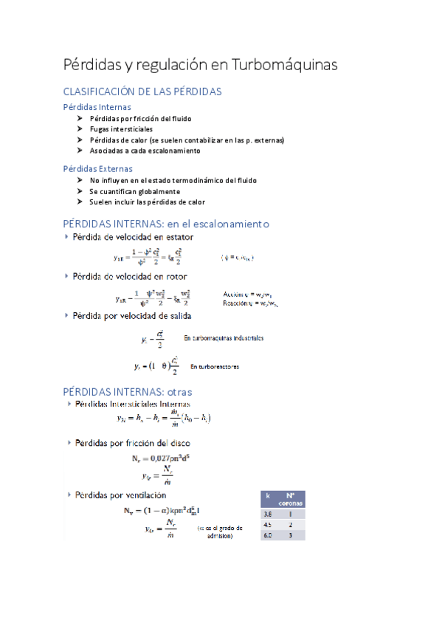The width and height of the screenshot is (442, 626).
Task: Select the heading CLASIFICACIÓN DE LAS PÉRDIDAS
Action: (143, 92)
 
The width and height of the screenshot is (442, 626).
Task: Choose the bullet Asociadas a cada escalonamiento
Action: (145, 151)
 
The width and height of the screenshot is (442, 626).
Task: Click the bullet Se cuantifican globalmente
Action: (134, 191)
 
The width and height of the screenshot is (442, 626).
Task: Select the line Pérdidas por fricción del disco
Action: (132, 443)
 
